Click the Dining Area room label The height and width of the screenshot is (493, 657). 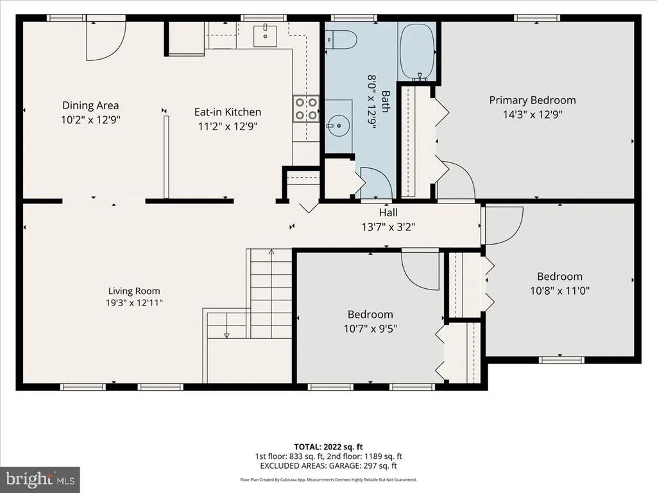tap(90, 105)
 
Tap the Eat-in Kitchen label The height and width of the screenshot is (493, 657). tap(228, 112)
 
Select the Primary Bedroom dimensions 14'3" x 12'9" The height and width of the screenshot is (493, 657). tap(533, 114)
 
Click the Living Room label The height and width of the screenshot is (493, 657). tap(134, 291)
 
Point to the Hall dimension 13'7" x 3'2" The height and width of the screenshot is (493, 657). tap(388, 227)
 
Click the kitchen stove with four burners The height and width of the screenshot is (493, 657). tap(306, 109)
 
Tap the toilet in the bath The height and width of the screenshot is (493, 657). tap(341, 40)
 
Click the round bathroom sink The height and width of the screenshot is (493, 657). tap(339, 125)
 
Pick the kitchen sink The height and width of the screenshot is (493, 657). tap(265, 35)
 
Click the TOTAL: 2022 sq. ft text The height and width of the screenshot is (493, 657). tap(328, 447)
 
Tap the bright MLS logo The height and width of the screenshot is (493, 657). tap(40, 480)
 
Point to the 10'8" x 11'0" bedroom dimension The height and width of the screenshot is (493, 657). tap(559, 291)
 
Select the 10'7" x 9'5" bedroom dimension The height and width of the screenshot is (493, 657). tap(370, 328)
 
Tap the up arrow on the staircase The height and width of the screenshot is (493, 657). tap(271, 252)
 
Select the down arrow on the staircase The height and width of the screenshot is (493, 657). tap(226, 335)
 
